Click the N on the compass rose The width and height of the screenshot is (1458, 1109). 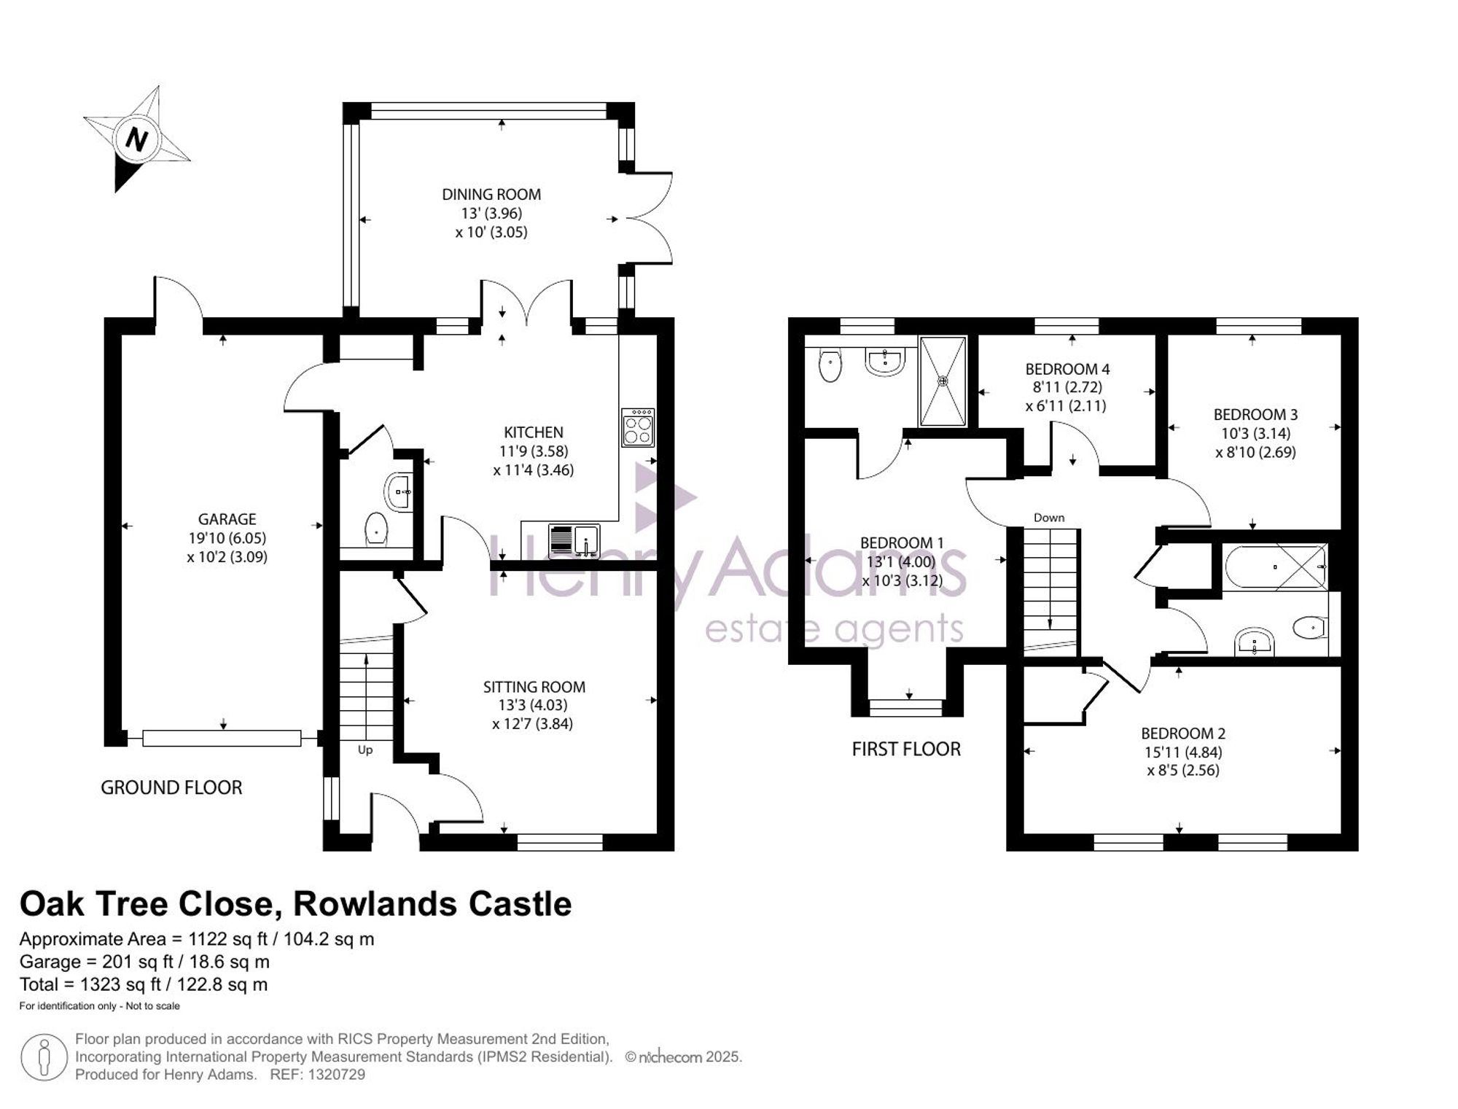click(x=136, y=139)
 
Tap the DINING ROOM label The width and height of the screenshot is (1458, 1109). click(x=491, y=195)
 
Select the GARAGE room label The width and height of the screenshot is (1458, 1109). click(x=227, y=519)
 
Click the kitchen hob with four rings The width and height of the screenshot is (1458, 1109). click(x=638, y=427)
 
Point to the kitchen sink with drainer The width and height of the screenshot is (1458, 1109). click(x=574, y=540)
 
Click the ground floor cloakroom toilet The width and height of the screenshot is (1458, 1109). click(x=375, y=529)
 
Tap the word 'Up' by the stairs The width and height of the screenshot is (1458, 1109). click(x=365, y=750)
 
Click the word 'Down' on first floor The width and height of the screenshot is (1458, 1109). click(x=1049, y=518)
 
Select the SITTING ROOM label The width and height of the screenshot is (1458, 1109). click(x=534, y=687)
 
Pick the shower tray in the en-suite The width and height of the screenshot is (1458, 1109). click(x=943, y=381)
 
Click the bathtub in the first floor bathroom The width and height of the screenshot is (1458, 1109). click(x=1276, y=567)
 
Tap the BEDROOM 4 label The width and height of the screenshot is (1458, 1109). click(x=1067, y=369)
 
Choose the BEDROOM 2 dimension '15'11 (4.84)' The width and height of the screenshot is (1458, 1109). click(x=1183, y=752)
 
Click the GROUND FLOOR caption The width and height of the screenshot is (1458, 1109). click(x=171, y=787)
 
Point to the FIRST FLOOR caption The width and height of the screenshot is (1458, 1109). click(x=906, y=749)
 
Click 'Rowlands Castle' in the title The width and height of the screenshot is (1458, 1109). click(x=432, y=904)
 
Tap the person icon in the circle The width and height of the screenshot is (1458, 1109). click(x=44, y=1057)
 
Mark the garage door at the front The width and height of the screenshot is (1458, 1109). click(x=222, y=739)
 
